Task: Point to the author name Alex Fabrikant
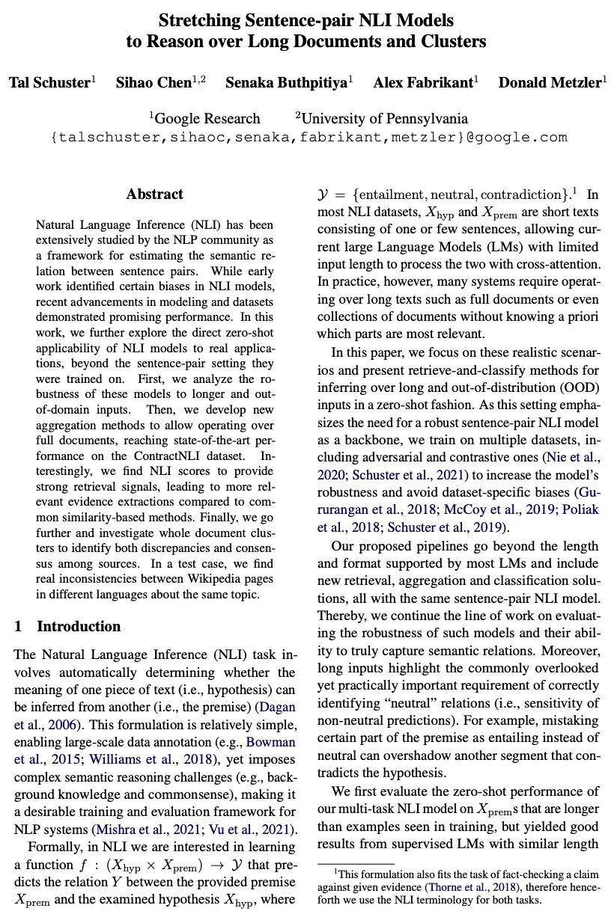[421, 82]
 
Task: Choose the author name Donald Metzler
[559, 82]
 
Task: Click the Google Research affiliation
[205, 118]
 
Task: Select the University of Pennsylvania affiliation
[382, 118]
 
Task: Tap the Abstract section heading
[155, 194]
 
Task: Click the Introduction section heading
[79, 626]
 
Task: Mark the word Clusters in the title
[452, 41]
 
